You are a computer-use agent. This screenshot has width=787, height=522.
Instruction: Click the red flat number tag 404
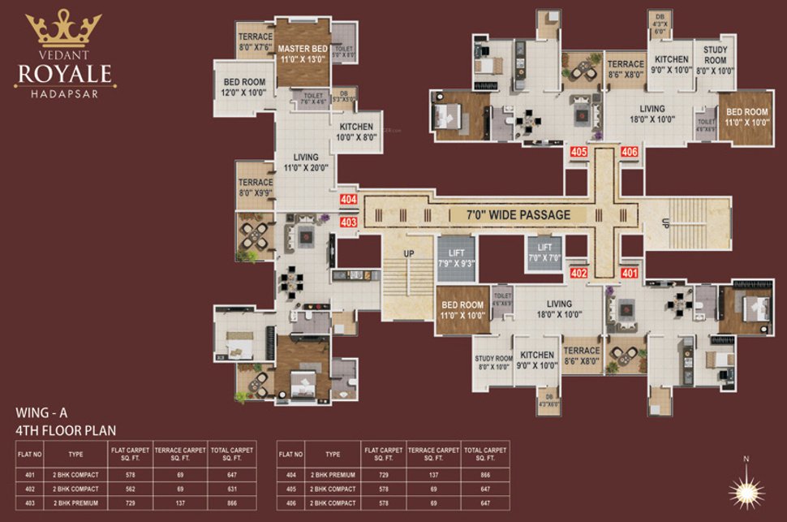pyautogui.click(x=349, y=199)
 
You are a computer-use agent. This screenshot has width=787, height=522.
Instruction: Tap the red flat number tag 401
pyautogui.click(x=629, y=274)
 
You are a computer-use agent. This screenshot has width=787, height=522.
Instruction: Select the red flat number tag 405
pyautogui.click(x=579, y=152)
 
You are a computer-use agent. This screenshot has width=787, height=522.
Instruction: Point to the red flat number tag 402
pyautogui.click(x=579, y=274)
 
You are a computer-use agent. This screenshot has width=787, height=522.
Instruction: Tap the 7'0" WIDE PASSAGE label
pyautogui.click(x=518, y=215)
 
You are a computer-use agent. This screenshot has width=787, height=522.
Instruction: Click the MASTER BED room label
pyautogui.click(x=303, y=54)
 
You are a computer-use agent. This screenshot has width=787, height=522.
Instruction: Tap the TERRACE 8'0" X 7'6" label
pyautogui.click(x=256, y=41)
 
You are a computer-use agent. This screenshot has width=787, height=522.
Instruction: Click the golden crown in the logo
pyautogui.click(x=63, y=31)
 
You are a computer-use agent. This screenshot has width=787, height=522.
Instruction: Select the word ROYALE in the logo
pyautogui.click(x=66, y=75)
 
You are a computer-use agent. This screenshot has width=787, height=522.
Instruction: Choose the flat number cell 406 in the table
pyautogui.click(x=292, y=503)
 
